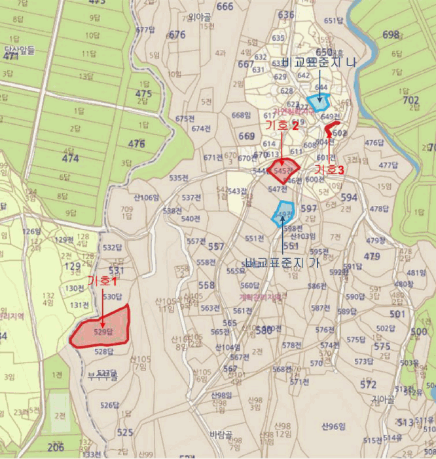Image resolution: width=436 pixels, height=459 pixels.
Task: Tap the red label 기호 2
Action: [281, 126]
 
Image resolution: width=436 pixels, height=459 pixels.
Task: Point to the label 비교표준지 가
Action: [283, 262]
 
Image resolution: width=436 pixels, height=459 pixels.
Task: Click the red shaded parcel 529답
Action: [101, 328]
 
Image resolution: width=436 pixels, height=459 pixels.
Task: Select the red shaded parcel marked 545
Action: [283, 170]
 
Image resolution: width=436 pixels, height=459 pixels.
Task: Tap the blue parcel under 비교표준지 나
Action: [318, 102]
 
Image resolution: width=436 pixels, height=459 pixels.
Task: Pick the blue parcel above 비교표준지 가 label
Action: [283, 213]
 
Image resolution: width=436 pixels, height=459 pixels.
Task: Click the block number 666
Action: [225, 7]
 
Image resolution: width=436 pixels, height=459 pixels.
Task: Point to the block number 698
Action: [391, 34]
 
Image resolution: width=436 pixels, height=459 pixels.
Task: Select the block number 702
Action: [410, 100]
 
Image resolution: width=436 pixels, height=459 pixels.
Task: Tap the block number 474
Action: [69, 158]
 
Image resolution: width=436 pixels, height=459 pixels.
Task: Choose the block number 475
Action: [143, 94]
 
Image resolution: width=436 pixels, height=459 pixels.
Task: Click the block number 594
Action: [349, 197]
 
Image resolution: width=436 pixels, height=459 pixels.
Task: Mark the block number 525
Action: [125, 433]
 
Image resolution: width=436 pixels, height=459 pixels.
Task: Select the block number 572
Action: [368, 385]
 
